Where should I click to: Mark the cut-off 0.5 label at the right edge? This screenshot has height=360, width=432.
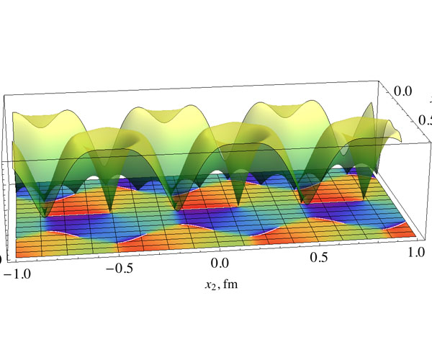pyautogui.click(x=425, y=119)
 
